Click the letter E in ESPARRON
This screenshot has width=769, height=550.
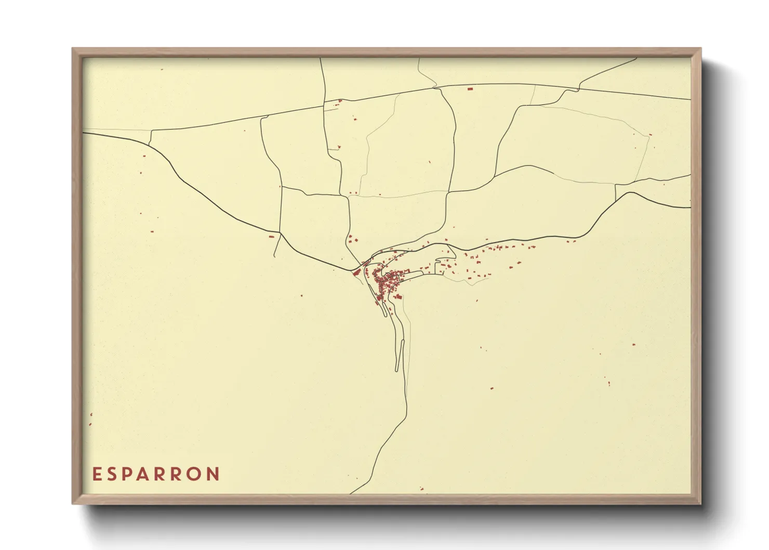97,474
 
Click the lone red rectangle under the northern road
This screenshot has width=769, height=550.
470,89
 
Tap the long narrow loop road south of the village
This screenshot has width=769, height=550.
399,356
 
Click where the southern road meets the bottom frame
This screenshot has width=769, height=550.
351,493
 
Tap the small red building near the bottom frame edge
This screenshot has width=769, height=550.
422,488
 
